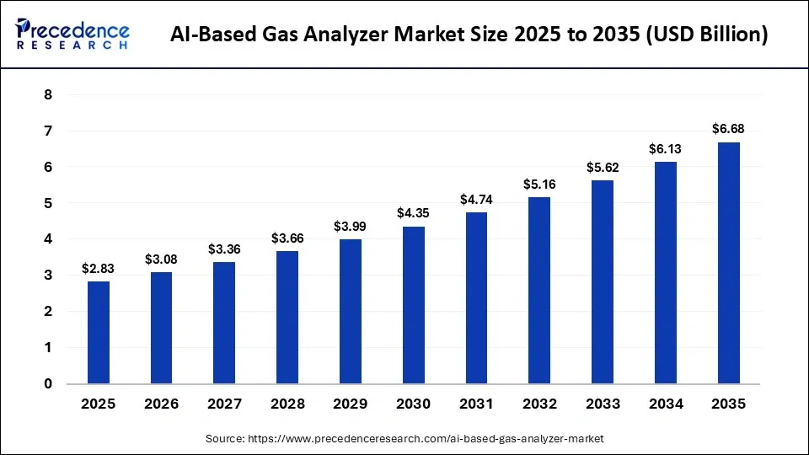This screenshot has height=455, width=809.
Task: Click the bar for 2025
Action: point(98,332)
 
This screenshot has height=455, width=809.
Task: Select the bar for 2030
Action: point(413,305)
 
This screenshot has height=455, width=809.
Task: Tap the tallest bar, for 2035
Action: point(728,263)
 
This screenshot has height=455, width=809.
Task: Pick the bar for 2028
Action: point(287,317)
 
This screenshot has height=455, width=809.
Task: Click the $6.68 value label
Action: point(728,129)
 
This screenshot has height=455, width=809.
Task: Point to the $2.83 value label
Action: point(98,268)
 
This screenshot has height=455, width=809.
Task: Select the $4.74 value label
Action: point(476,200)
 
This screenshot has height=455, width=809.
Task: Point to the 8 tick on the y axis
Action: point(48,95)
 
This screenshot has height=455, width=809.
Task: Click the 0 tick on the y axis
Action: point(48,383)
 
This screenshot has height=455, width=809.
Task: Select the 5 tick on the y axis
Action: point(48,203)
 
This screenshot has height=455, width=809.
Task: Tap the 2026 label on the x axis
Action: point(161,404)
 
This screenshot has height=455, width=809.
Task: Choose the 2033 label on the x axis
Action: point(603,404)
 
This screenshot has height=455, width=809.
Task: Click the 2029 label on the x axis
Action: point(350,404)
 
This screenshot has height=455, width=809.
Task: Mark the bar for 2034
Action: point(665,272)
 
